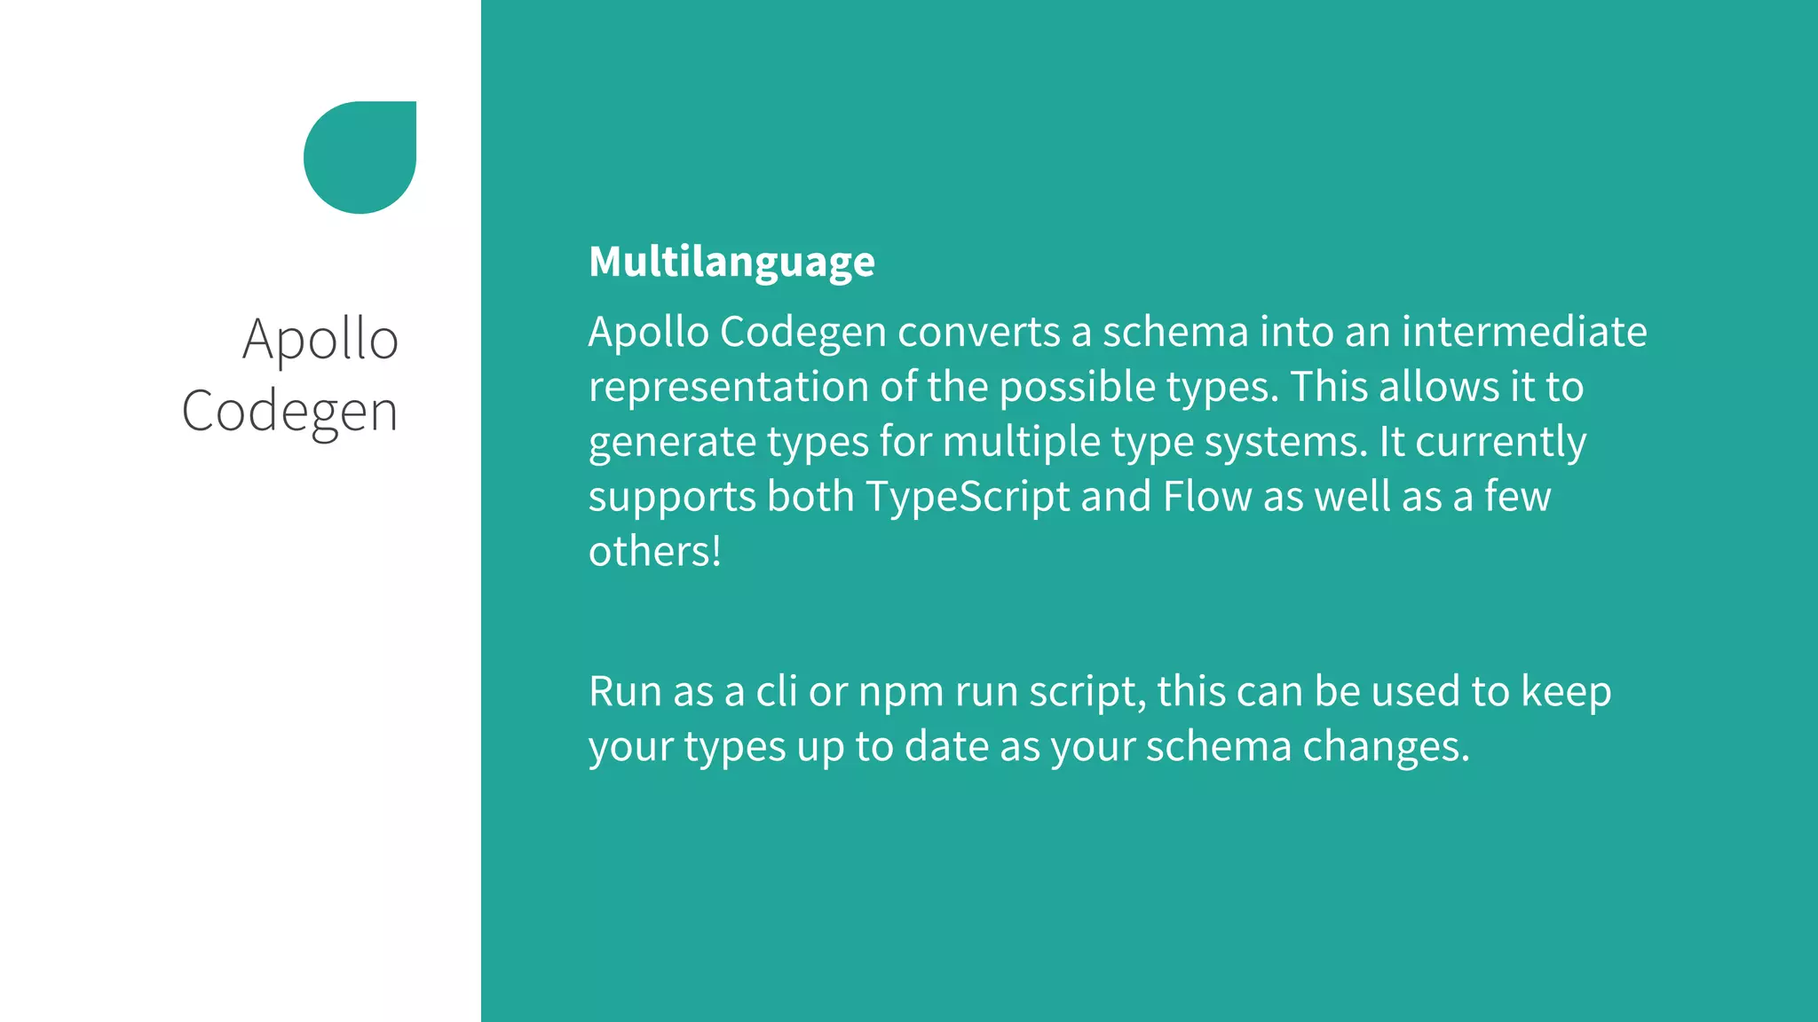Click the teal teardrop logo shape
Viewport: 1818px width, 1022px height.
tap(360, 157)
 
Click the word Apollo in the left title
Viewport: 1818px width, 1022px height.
tap(320, 340)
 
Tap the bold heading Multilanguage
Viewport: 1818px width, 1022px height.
tap(731, 262)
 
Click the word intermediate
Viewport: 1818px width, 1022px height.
tap(1523, 333)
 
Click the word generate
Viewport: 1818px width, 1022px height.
tap(672, 443)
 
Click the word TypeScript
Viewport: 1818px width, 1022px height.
tap(968, 497)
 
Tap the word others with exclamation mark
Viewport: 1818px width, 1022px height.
tap(654, 552)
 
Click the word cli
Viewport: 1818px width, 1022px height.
tap(776, 692)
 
